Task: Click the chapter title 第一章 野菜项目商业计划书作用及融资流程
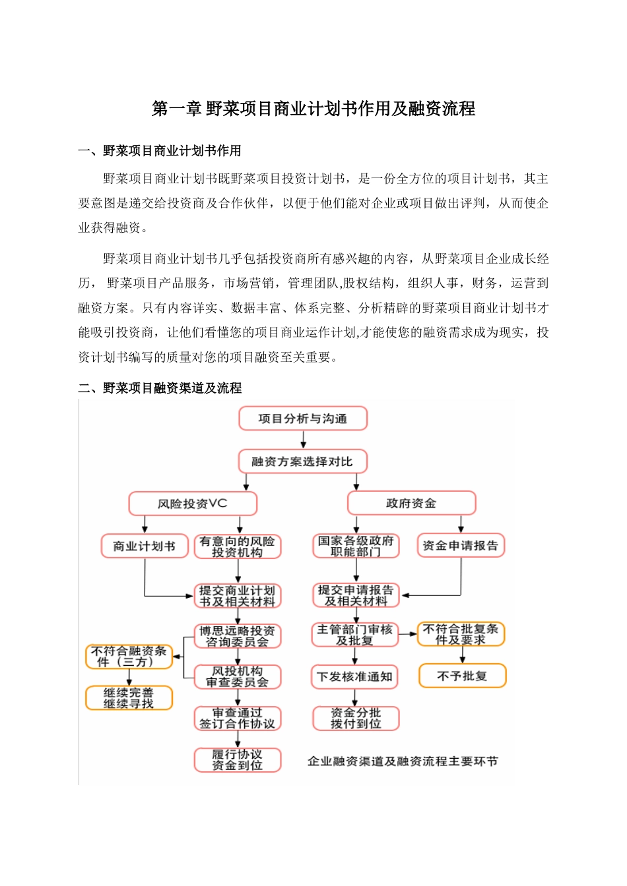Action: tap(313, 109)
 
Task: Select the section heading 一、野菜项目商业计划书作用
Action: tap(159, 151)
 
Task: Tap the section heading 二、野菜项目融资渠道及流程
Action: tap(160, 388)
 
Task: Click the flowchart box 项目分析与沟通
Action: tap(302, 419)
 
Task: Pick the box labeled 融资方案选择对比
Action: tap(302, 461)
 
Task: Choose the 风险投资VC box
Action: tap(192, 504)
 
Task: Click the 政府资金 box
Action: tap(411, 504)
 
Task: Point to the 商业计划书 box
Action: tap(144, 546)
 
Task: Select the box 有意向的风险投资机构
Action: tap(238, 546)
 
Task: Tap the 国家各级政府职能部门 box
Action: tap(356, 546)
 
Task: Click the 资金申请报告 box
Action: tap(461, 546)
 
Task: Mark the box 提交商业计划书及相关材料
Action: tap(238, 596)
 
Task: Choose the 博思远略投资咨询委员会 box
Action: tap(238, 636)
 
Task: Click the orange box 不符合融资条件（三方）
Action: tap(129, 657)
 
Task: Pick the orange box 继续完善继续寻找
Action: tap(129, 698)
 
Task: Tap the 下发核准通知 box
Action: tap(355, 677)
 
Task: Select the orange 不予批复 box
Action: tap(462, 676)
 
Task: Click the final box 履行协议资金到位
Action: tap(238, 759)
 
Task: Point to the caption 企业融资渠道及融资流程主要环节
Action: tap(403, 761)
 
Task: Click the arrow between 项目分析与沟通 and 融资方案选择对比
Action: tap(303, 440)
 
